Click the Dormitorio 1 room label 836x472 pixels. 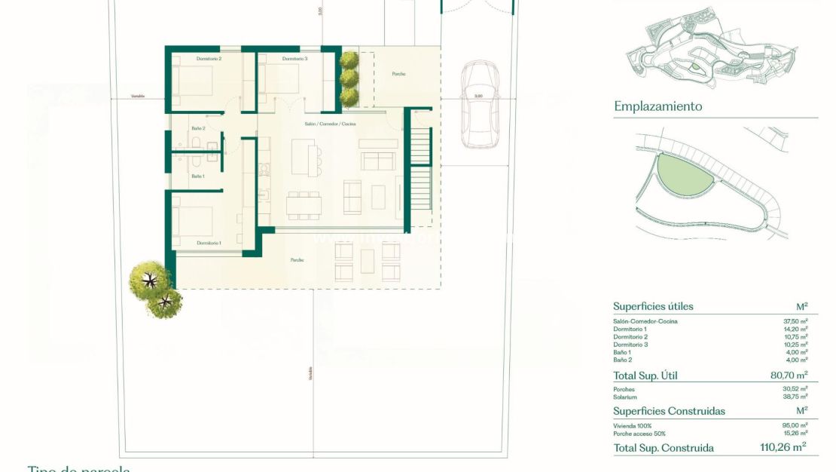(209, 243)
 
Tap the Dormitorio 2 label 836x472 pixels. (209, 59)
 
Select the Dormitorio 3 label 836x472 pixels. (294, 59)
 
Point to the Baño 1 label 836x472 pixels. (197, 176)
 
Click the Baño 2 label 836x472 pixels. (197, 128)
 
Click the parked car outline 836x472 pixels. (480, 105)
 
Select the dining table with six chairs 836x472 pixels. (304, 205)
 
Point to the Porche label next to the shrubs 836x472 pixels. (398, 74)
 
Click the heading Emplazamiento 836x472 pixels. (658, 106)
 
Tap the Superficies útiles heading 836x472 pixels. (653, 307)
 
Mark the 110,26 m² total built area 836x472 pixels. (783, 447)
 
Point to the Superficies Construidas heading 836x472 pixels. (669, 411)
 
